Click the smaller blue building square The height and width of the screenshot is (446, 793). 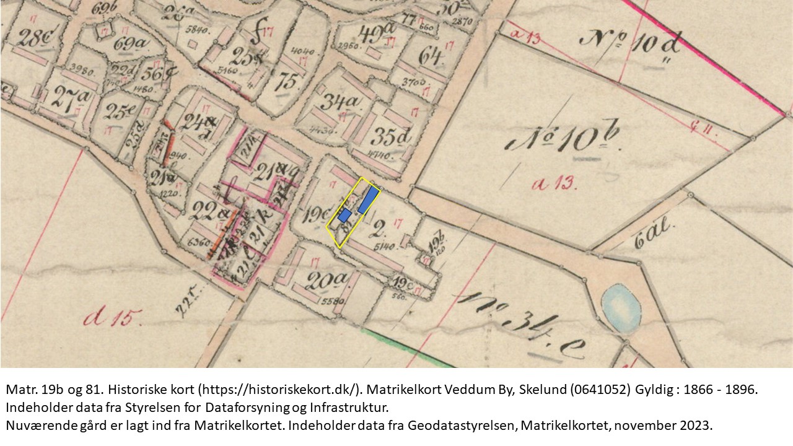pos(345,216)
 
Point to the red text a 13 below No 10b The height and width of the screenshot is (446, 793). pos(555,183)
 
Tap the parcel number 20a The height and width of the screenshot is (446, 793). pos(328,282)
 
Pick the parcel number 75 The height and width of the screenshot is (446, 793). pos(286,81)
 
